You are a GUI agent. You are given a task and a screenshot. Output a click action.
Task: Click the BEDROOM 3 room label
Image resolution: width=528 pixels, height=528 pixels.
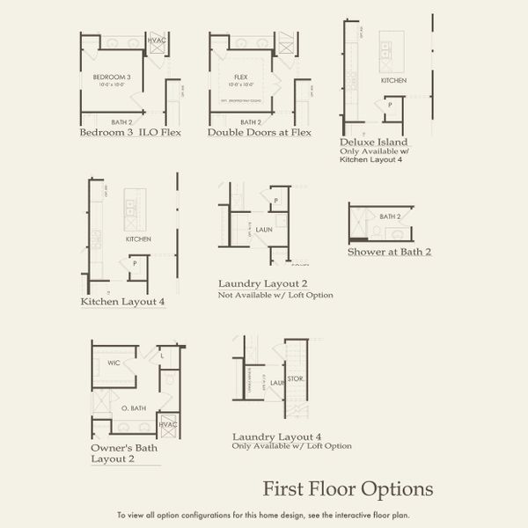pyautogui.click(x=112, y=77)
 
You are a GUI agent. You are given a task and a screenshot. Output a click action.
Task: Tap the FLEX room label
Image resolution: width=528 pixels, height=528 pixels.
pyautogui.click(x=241, y=77)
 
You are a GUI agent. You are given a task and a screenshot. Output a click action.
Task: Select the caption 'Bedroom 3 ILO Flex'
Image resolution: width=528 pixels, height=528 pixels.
pyautogui.click(x=129, y=133)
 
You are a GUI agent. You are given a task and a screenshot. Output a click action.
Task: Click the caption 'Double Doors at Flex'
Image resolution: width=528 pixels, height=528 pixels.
pyautogui.click(x=260, y=133)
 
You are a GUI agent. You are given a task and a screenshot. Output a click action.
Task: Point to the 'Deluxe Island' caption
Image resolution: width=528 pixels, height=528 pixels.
pyautogui.click(x=373, y=141)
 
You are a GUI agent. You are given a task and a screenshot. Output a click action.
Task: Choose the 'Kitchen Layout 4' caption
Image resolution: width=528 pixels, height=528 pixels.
pyautogui.click(x=122, y=302)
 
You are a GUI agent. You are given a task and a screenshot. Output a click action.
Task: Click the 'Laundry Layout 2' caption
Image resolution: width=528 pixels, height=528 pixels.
pyautogui.click(x=262, y=283)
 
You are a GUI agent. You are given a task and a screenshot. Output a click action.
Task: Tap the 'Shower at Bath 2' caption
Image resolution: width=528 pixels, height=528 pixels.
pyautogui.click(x=390, y=252)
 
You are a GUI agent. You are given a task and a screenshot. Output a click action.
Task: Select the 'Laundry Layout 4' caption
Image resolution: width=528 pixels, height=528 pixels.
pyautogui.click(x=276, y=436)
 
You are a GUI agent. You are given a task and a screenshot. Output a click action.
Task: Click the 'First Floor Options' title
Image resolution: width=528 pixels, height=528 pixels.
pyautogui.click(x=348, y=488)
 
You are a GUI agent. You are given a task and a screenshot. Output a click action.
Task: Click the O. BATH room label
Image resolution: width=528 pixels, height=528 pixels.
pyautogui.click(x=133, y=408)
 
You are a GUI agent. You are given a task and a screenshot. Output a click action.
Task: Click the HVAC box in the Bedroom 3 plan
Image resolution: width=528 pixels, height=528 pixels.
pyautogui.click(x=157, y=40)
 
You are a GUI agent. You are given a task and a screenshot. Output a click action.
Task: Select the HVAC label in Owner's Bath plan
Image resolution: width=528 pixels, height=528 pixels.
pyautogui.click(x=168, y=424)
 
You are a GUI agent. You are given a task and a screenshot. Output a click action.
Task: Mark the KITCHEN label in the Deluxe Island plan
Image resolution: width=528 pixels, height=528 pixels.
pyautogui.click(x=393, y=80)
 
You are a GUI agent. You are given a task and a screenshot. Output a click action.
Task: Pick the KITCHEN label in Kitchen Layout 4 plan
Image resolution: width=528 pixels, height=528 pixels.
pyautogui.click(x=138, y=238)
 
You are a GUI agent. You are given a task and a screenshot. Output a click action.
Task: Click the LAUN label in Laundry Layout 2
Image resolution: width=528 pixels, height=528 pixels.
pyautogui.click(x=265, y=229)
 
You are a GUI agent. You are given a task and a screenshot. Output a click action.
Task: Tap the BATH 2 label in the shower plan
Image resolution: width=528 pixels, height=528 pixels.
pyautogui.click(x=390, y=216)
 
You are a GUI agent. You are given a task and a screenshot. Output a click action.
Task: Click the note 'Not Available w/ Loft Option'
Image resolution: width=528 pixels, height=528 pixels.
pyautogui.click(x=275, y=295)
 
